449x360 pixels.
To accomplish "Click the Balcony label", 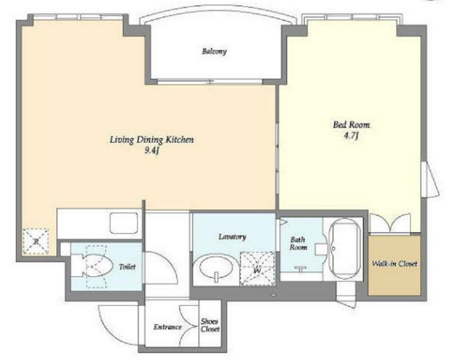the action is [x=214, y=52].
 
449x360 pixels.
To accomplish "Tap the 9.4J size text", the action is [x=152, y=151].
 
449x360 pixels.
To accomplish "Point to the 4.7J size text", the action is [x=351, y=135].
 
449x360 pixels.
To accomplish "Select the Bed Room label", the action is [x=351, y=125].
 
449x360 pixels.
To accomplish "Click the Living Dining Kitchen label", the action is [x=152, y=140].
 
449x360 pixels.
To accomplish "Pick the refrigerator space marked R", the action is [x=36, y=241].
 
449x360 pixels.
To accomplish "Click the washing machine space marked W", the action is [x=257, y=268].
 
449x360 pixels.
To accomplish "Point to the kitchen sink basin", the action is [x=124, y=223].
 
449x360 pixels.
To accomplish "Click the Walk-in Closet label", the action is [x=395, y=264].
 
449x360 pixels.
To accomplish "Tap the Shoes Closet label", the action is [x=210, y=325].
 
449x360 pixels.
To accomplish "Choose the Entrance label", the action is [x=168, y=327].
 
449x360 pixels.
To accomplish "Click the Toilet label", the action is [x=127, y=267].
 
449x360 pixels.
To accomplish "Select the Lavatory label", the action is [x=232, y=237].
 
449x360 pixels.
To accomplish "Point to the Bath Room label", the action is [x=298, y=243].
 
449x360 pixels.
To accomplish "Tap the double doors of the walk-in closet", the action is [x=390, y=223].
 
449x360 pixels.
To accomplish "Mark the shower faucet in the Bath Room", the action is [x=301, y=269].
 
